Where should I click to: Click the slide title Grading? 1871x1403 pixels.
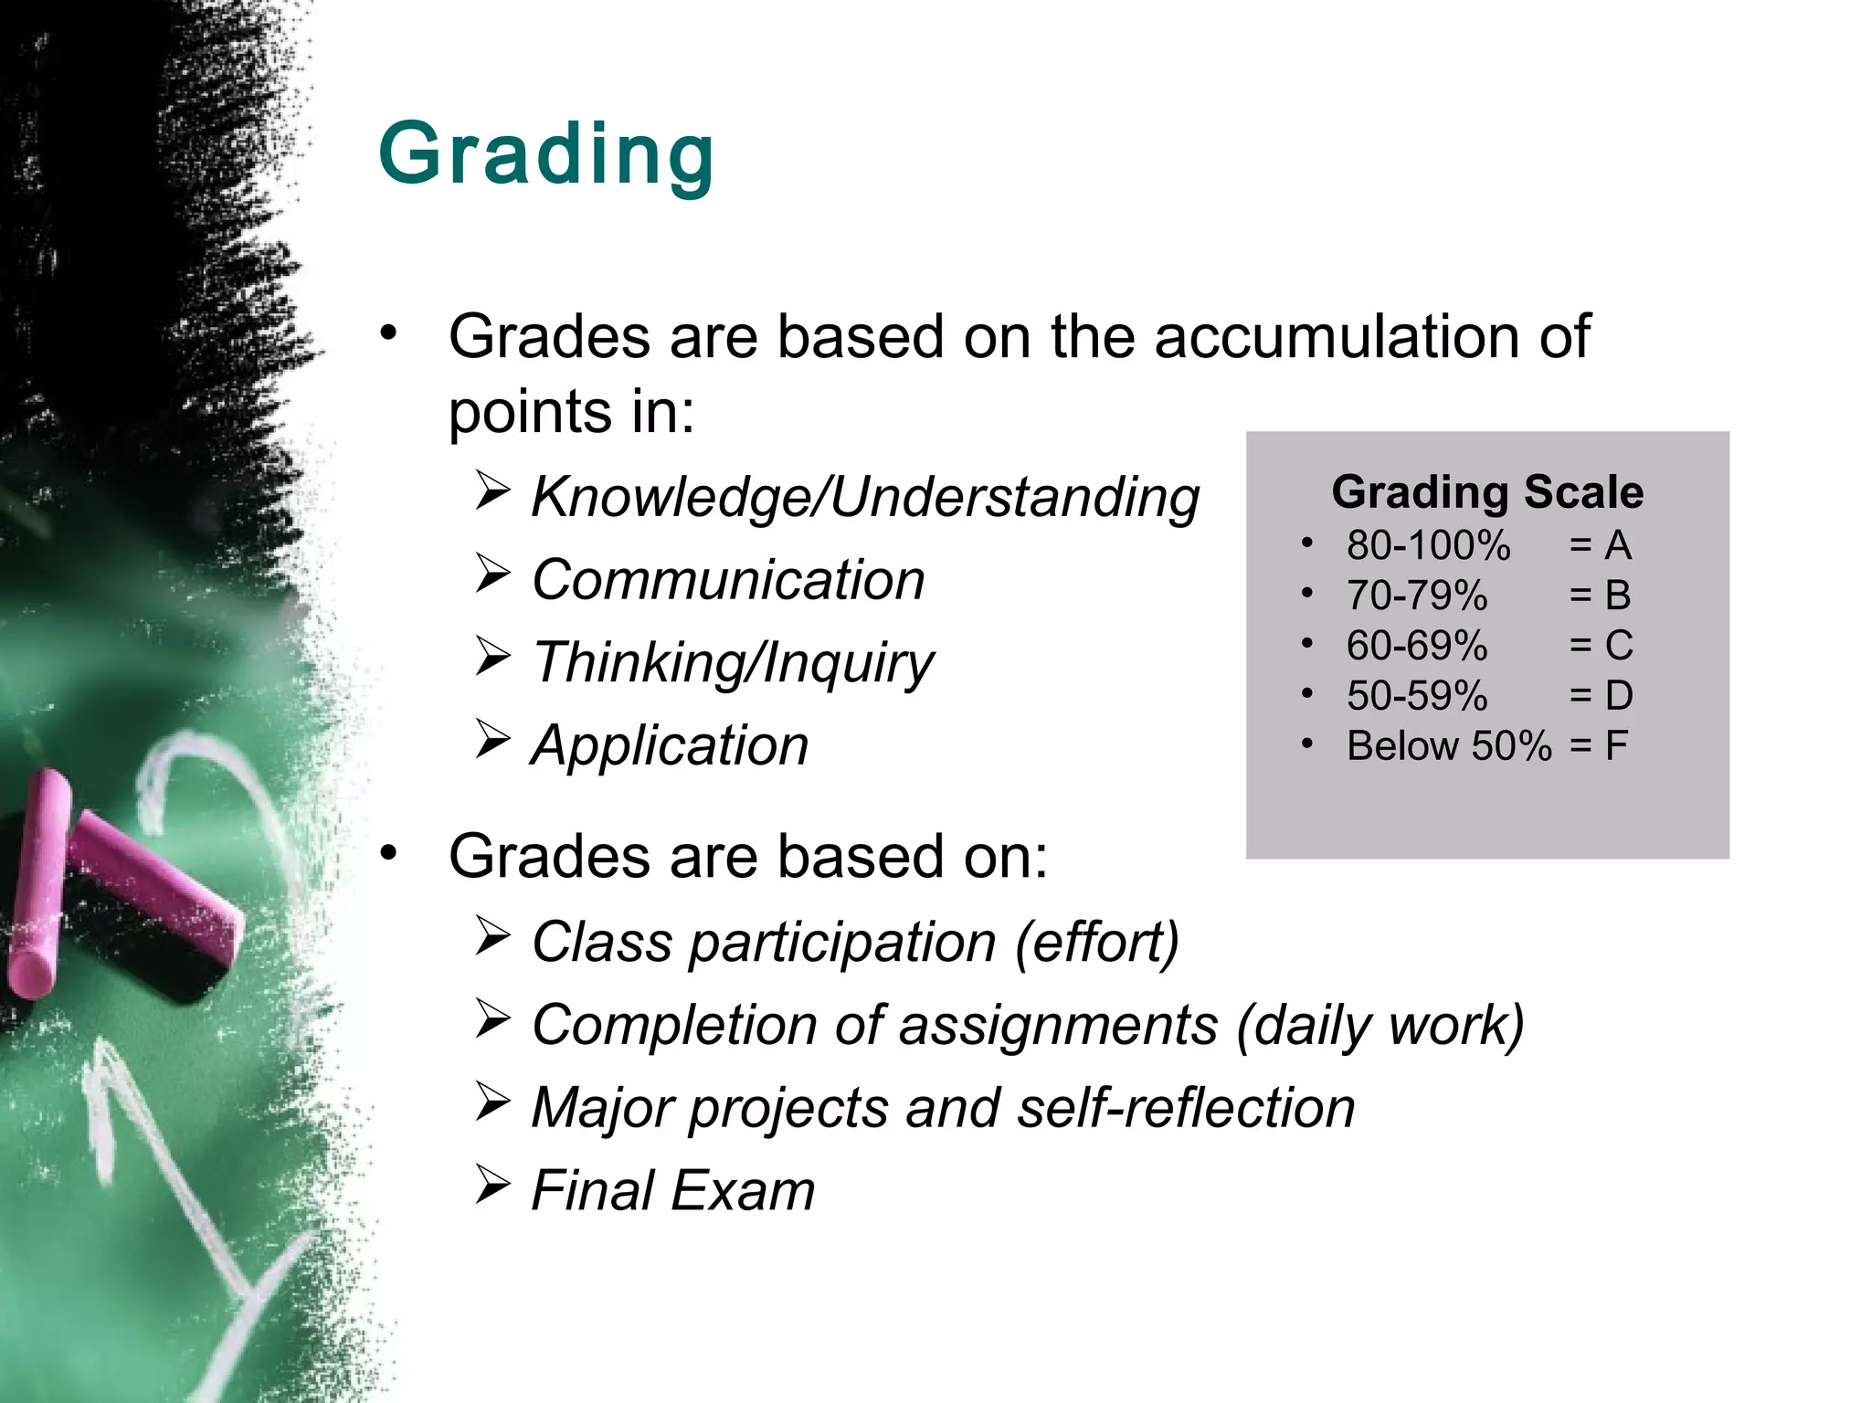545,155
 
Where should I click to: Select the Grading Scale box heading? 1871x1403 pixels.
1487,491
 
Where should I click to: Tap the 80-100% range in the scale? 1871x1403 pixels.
1428,545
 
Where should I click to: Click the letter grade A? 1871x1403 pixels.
1618,545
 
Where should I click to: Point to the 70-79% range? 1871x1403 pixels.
1417,596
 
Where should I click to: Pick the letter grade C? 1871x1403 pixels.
1619,646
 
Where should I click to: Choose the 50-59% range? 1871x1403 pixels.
1417,696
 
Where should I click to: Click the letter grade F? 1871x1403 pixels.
1616,746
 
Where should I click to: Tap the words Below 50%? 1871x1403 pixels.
1449,746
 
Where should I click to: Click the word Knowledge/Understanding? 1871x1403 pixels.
864,498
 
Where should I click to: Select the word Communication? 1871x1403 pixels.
728,580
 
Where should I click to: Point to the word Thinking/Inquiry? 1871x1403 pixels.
733,663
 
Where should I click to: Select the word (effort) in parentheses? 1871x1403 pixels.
1097,942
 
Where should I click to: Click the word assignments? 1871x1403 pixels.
1058,1025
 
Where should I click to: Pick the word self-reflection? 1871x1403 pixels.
1186,1108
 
